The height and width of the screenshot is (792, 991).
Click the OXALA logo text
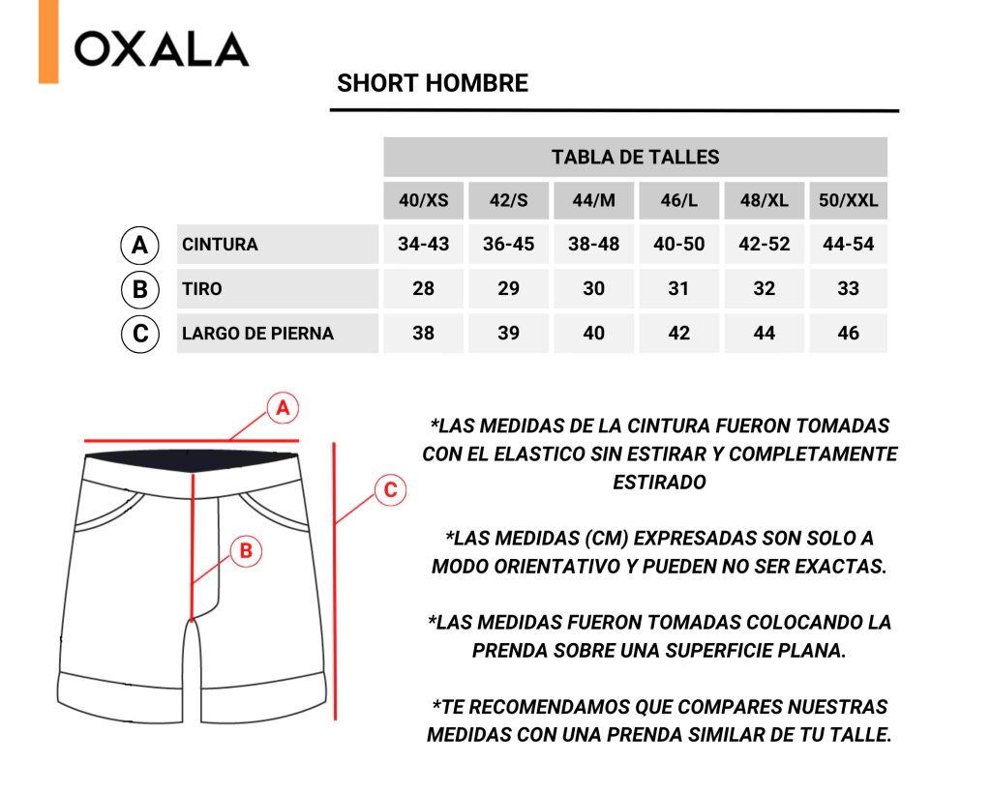pyautogui.click(x=162, y=49)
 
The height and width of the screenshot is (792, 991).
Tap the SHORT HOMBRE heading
pyautogui.click(x=433, y=83)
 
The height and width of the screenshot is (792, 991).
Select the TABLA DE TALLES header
pyautogui.click(x=635, y=157)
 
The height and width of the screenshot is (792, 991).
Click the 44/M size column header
pyautogui.click(x=593, y=200)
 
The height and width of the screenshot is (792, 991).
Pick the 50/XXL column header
pyautogui.click(x=848, y=200)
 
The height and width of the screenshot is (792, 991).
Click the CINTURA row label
pyautogui.click(x=220, y=245)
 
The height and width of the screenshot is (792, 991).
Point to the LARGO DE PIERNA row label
pyautogui.click(x=257, y=334)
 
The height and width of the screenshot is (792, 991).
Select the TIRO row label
pyautogui.click(x=202, y=289)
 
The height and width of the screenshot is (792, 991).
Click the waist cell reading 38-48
pyautogui.click(x=593, y=244)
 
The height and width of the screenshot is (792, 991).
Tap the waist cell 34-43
pyautogui.click(x=424, y=244)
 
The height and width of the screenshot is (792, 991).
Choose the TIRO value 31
pyautogui.click(x=678, y=288)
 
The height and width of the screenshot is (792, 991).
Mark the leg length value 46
pyautogui.click(x=848, y=333)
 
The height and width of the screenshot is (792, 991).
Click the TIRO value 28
pyautogui.click(x=424, y=288)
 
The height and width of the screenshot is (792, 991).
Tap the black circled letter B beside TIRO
pyautogui.click(x=139, y=289)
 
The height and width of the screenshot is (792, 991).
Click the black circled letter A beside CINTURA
pyautogui.click(x=139, y=245)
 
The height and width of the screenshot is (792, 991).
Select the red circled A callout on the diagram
pyautogui.click(x=283, y=408)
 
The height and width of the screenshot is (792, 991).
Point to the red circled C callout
pyautogui.click(x=390, y=490)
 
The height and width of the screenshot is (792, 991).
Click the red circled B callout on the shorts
pyautogui.click(x=246, y=551)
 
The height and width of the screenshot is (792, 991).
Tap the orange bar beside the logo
pyautogui.click(x=48, y=42)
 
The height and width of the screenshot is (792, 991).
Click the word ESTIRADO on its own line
pyautogui.click(x=659, y=483)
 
